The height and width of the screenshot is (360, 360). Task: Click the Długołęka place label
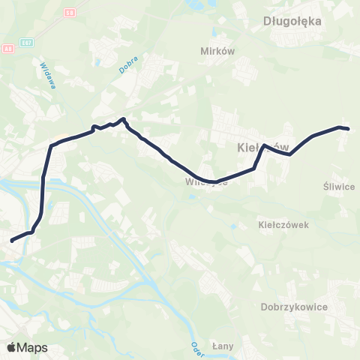coord(292,21)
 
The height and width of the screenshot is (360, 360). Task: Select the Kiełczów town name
coord(257,147)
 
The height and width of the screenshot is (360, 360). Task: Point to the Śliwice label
coord(338,187)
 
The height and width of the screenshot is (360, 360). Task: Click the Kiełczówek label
coord(283,224)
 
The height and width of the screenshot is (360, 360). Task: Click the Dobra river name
coord(124,65)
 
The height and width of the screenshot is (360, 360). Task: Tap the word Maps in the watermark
coord(32,347)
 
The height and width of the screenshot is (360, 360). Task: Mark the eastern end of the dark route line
coord(349,129)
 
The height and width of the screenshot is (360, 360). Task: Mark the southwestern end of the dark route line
coord(11,241)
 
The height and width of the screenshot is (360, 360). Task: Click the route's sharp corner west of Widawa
coord(51,145)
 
